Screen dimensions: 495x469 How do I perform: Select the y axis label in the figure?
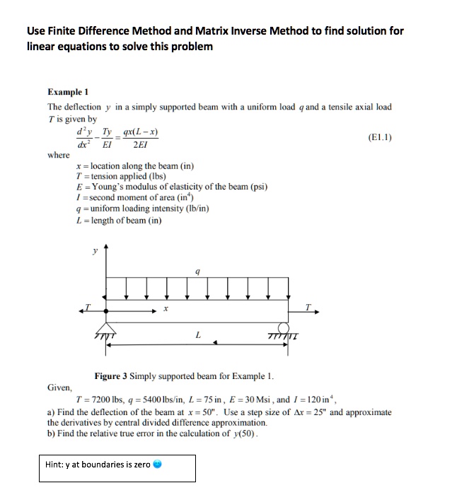coord(95,250)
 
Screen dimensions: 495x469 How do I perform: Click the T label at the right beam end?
coord(308,305)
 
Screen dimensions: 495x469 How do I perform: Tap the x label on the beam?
coord(165,309)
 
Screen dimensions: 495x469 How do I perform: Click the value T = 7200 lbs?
coord(122,400)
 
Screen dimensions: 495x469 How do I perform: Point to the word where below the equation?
coord(58,155)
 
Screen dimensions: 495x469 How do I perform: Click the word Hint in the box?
coord(54,465)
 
